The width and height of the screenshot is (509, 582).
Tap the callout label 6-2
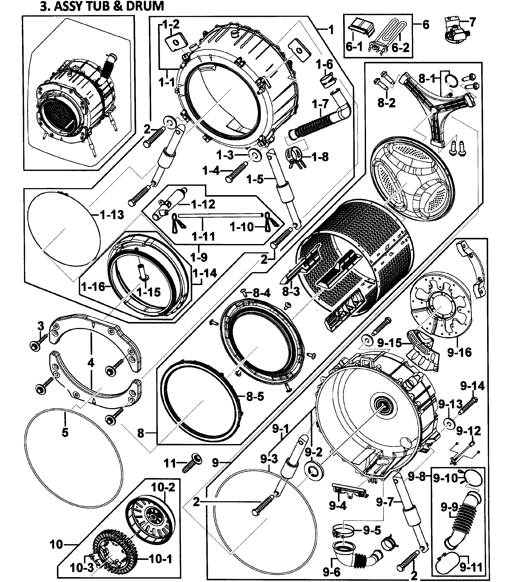[x=400, y=47]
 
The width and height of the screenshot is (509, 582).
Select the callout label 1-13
[x=112, y=215]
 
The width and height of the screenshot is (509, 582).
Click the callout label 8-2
[x=386, y=103]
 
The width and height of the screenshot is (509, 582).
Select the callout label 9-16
[x=459, y=352]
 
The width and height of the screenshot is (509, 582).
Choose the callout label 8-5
[x=255, y=396]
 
